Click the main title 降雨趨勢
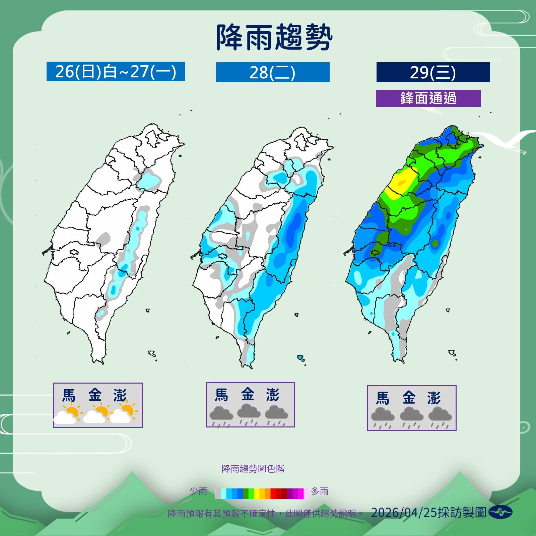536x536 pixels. click(274, 37)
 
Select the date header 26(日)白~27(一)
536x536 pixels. click(116, 71)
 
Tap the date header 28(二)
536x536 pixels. click(272, 72)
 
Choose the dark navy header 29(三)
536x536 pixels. click(433, 72)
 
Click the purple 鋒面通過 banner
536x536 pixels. click(428, 98)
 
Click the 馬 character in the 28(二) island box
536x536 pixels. click(221, 395)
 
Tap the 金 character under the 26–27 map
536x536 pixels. click(95, 395)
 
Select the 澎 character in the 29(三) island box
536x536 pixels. click(434, 398)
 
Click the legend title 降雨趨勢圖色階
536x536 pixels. click(253, 469)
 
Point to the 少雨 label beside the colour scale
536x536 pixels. click(198, 491)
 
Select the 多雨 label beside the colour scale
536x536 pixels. click(320, 491)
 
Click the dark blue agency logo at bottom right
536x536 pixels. click(500, 512)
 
